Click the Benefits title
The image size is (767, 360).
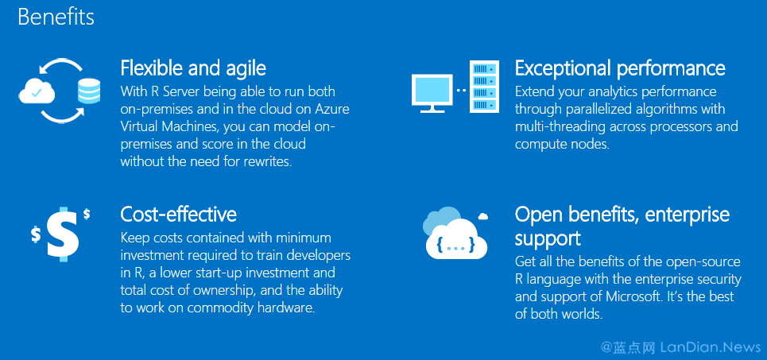(56, 17)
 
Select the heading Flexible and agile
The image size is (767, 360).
(193, 68)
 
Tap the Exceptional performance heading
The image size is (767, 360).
(620, 68)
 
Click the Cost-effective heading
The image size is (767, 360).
(179, 215)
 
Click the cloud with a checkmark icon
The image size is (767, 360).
(37, 91)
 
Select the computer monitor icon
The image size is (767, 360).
(432, 94)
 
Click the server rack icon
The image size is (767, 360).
(484, 86)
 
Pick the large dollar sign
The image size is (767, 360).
(63, 234)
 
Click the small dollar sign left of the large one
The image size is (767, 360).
(36, 234)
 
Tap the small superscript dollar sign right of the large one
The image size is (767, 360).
(87, 214)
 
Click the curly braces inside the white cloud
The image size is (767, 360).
(456, 245)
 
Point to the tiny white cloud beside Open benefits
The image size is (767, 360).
(482, 215)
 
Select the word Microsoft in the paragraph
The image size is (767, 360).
(631, 296)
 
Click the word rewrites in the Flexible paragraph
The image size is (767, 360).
(269, 161)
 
